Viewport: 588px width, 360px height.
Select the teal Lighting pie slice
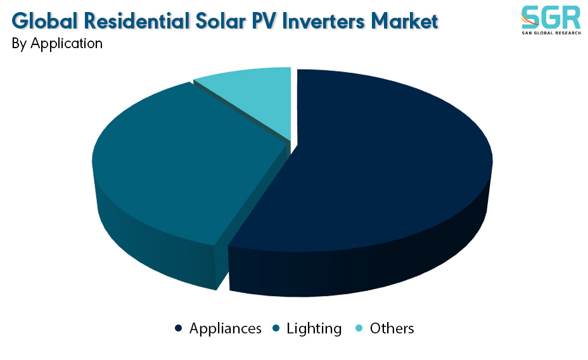[x=180, y=165]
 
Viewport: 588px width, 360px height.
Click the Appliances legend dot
[x=179, y=328]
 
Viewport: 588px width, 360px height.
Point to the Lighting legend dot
[x=276, y=328]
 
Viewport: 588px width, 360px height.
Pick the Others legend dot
[x=359, y=328]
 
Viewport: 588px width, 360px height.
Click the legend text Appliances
[x=226, y=329]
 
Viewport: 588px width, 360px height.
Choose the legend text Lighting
[x=314, y=329]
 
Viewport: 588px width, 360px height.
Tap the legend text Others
[x=392, y=328]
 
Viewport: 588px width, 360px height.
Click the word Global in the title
[x=45, y=21]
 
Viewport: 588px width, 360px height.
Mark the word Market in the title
[x=405, y=21]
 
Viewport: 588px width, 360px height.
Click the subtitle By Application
[x=57, y=44]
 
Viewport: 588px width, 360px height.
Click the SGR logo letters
[x=551, y=18]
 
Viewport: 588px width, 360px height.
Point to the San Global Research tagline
[x=551, y=33]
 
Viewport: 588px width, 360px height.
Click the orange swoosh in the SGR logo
[x=528, y=20]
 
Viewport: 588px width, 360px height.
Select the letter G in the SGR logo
[x=551, y=18]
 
